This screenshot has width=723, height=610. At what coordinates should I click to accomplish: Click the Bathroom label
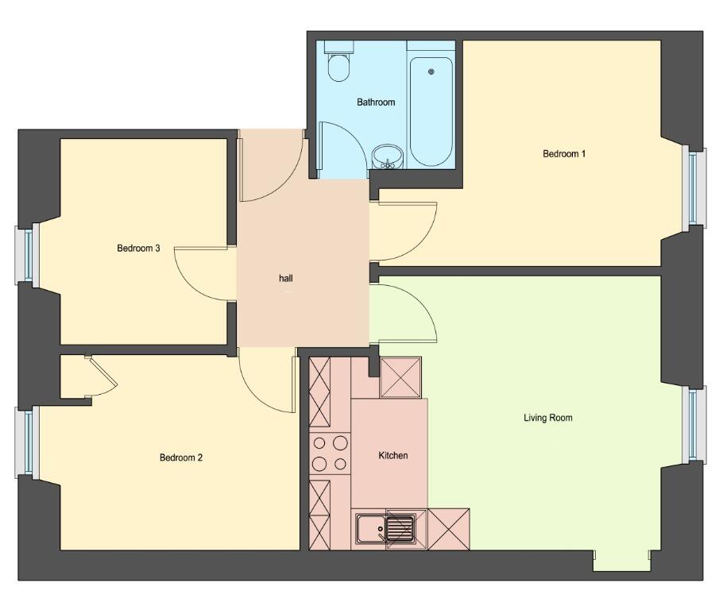pos(376,102)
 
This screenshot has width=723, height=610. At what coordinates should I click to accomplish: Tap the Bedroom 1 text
pos(564,153)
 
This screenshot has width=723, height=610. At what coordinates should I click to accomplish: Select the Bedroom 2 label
pos(181,457)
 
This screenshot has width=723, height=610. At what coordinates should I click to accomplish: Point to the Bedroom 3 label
pos(138,248)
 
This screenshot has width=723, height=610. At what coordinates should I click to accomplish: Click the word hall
pos(286,278)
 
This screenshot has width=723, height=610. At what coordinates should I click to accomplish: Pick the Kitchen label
pos(392,456)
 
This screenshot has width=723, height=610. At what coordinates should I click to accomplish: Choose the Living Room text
pos(547,418)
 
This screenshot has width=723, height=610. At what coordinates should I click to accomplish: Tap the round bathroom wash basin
pos(388,156)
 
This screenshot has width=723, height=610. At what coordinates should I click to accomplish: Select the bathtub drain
pos(431,71)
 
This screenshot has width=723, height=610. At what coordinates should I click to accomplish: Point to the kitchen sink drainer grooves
pos(400,529)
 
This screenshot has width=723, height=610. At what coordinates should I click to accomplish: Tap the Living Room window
pos(694,425)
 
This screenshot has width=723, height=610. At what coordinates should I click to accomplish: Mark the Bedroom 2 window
pos(25,442)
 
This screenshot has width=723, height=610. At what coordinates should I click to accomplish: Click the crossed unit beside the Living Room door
pos(400,377)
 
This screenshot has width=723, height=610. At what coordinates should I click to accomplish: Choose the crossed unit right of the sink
pos(449,529)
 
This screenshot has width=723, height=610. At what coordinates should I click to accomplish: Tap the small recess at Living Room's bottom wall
pos(621,561)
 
